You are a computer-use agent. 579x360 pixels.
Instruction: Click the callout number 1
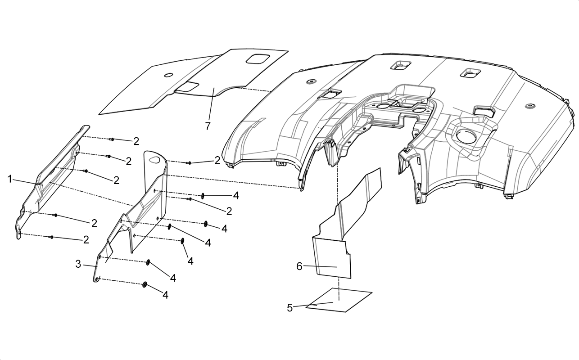point(10,179)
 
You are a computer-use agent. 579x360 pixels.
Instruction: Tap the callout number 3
point(78,264)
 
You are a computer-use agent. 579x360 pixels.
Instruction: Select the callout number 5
point(290,308)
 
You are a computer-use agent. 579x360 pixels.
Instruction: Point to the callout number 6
point(299,266)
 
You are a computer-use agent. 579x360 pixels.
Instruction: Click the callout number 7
point(208,126)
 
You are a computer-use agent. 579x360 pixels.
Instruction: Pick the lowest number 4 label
point(165,295)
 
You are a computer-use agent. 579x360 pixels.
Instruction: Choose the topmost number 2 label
point(136,141)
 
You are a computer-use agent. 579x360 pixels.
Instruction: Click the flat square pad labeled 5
point(339,300)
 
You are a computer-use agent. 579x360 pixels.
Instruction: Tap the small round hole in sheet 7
point(168,75)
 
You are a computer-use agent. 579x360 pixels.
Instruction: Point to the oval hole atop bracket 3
point(154,159)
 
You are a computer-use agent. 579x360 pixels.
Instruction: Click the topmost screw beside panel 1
point(112,139)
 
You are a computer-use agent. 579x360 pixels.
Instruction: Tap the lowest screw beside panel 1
point(51,237)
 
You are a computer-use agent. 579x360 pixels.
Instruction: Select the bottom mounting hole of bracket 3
point(97,279)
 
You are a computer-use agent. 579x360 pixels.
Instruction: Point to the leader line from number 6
point(320,266)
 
